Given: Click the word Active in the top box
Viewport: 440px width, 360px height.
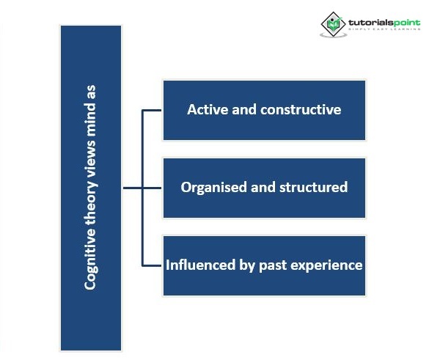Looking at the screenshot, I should click(206, 110).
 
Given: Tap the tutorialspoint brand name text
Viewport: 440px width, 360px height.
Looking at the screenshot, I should click(383, 23).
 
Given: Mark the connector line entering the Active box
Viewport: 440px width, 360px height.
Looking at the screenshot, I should click(151, 111).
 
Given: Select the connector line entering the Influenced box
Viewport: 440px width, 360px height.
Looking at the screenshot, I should click(151, 265).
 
